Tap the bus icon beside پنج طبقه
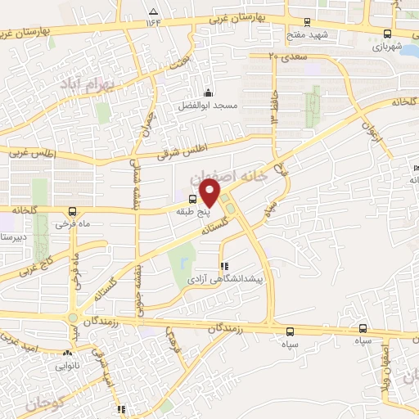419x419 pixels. coord(193,199)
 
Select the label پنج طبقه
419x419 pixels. coord(194,210)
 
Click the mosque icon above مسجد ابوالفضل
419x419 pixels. coord(209,92)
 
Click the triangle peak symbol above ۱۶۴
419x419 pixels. coord(153,11)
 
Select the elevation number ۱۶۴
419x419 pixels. coord(153,23)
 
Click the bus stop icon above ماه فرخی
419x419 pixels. coord(74,210)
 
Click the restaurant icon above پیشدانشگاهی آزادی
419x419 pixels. coord(223,266)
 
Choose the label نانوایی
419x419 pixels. coord(67,367)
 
